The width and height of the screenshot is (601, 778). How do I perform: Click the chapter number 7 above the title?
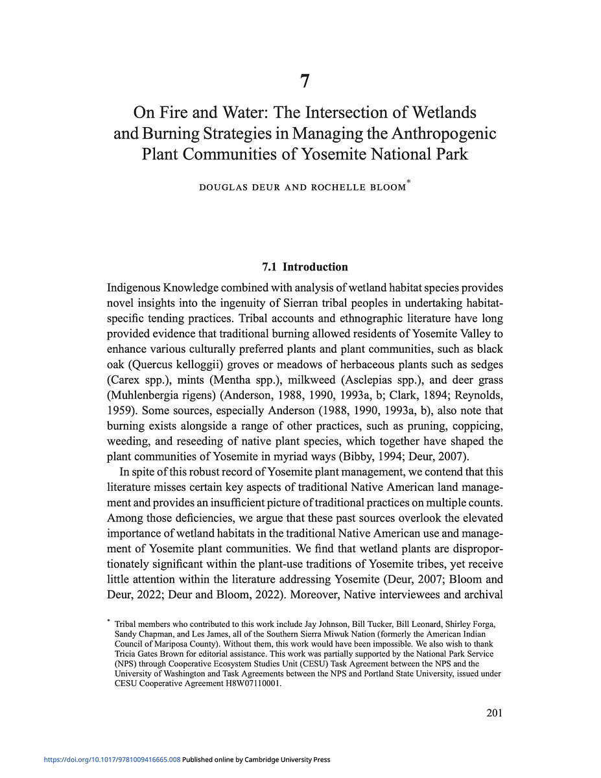tap(305, 82)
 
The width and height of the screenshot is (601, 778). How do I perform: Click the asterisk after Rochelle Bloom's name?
tap(408, 184)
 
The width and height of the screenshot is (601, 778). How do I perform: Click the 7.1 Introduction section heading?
tap(305, 267)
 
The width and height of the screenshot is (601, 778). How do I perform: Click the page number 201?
tap(494, 714)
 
